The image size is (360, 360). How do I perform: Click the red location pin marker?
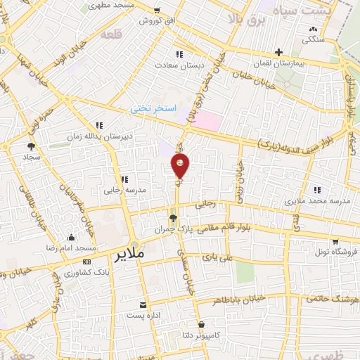tap(181, 166)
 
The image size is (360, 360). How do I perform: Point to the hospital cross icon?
tap(279, 51)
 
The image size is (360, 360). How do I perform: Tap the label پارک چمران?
tap(173, 229)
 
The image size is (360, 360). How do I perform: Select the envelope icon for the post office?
tap(143, 304)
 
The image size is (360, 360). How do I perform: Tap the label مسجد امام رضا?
tap(72, 249)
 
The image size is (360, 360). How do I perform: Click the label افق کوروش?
tap(155, 20)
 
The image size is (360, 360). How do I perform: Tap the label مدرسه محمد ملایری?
tap(316, 201)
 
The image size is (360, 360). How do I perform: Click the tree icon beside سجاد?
tap(31, 147)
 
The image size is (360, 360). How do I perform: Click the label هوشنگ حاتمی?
tap(333, 298)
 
